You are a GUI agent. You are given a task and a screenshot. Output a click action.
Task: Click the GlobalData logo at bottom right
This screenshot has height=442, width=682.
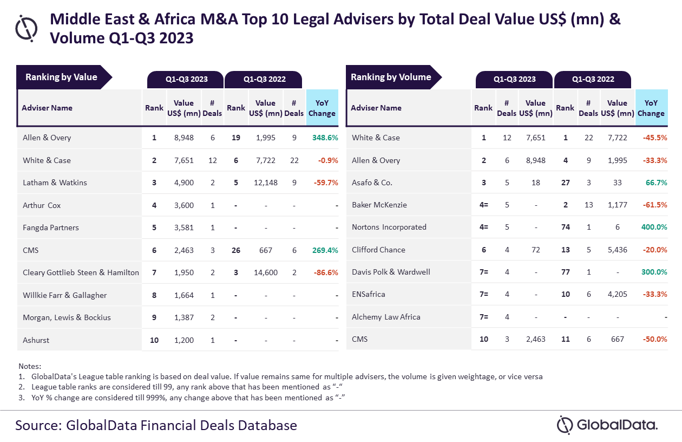pos(607,425)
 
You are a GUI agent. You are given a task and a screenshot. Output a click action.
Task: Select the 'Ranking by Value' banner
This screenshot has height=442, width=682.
pos(62,77)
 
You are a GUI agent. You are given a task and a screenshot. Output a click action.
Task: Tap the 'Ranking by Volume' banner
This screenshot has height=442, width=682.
pos(391,77)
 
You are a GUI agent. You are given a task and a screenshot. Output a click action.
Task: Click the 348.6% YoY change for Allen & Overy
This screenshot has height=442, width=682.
pos(325,138)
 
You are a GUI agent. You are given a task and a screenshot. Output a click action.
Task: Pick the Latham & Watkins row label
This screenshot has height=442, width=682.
pos(55,183)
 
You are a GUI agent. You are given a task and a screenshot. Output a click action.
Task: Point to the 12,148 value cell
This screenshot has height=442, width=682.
pos(265,183)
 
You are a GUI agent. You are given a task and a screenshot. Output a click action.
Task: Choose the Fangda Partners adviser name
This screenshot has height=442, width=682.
pos(51,227)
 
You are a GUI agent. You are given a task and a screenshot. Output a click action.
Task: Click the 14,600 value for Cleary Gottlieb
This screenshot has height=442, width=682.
pos(265,272)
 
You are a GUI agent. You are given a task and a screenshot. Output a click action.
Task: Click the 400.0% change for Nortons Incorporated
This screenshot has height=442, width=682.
pos(653,227)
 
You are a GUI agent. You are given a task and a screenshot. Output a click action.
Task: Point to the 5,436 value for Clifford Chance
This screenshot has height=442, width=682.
pos(617,250)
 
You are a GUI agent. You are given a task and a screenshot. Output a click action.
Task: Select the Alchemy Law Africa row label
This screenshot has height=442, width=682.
pos(386,317)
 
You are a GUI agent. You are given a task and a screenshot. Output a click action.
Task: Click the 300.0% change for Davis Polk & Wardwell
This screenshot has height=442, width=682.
pos(653,272)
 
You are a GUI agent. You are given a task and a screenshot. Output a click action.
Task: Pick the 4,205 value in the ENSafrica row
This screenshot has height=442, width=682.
pos(617,294)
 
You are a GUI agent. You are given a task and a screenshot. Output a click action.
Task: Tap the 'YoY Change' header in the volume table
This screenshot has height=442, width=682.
pos(651,108)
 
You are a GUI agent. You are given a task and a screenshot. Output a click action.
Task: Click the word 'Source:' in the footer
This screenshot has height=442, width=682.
pos(38,425)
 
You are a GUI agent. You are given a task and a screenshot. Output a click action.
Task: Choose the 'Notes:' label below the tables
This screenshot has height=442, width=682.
pos(30,366)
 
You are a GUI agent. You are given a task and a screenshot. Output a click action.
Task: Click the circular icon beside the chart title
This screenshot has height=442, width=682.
pos(26,28)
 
